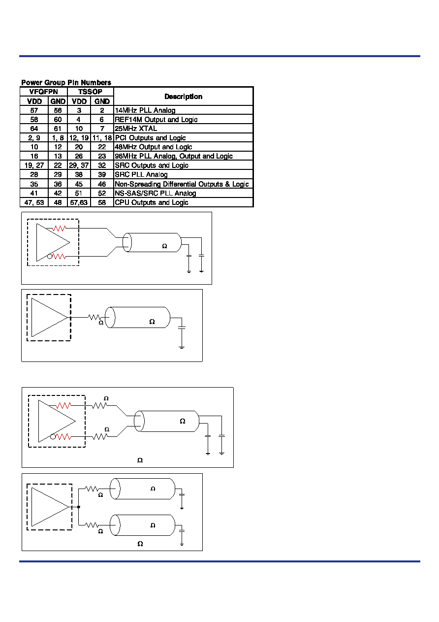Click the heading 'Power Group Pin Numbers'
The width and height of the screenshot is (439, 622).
click(x=66, y=82)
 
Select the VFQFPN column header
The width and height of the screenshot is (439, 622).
click(x=44, y=92)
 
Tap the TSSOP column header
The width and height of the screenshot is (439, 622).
click(x=90, y=92)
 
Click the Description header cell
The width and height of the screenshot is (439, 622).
click(x=183, y=97)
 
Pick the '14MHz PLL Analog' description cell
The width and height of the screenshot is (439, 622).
click(x=183, y=110)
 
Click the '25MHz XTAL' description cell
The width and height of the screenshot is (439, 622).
click(x=183, y=129)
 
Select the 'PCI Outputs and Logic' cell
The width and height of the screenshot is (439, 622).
click(x=183, y=138)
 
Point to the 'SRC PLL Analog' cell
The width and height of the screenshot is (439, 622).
click(x=183, y=174)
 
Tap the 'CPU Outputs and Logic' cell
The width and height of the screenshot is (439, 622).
click(x=183, y=202)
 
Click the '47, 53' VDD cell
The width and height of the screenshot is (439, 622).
click(x=34, y=202)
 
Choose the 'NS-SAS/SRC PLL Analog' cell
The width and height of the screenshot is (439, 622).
click(x=183, y=193)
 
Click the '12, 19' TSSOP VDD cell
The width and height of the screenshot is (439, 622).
click(x=79, y=138)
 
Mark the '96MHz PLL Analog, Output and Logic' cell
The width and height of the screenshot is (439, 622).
click(x=183, y=156)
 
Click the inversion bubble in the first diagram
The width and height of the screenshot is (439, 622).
click(x=50, y=257)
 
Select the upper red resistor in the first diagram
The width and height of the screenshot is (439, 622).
click(x=59, y=229)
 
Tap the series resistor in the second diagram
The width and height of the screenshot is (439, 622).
click(x=94, y=317)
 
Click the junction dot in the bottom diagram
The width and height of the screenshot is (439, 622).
click(x=79, y=507)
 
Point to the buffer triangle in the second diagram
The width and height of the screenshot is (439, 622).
click(x=50, y=317)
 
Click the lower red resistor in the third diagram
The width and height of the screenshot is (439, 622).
click(x=63, y=437)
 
